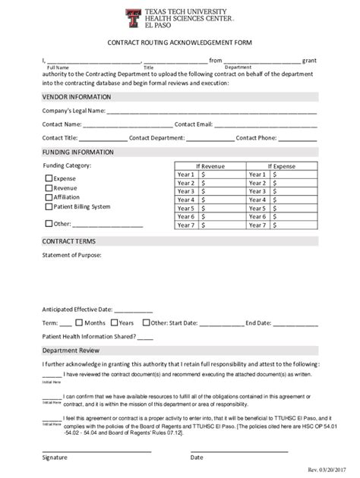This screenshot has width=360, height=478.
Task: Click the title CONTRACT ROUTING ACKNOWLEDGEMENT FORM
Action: [x=179, y=43]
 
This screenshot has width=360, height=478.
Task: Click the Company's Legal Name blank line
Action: [x=211, y=112]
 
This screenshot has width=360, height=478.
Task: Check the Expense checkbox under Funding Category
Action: [x=49, y=178]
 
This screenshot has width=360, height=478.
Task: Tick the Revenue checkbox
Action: [x=49, y=187]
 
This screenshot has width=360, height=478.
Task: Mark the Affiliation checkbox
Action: [x=49, y=197]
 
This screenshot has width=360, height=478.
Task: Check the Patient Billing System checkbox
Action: [x=49, y=206]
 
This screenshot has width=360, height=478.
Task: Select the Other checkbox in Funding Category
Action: [x=49, y=224]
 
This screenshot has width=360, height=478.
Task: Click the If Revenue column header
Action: [x=210, y=165]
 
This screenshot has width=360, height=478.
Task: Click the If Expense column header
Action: [x=281, y=165]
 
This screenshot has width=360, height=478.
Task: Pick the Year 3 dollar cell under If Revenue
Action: [x=221, y=191]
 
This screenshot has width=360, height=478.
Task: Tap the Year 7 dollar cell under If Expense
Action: [x=293, y=225]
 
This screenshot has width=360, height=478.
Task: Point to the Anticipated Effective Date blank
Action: [x=133, y=310]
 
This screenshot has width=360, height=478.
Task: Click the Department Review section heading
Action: [x=71, y=351]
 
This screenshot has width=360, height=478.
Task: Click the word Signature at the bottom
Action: [x=55, y=458]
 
